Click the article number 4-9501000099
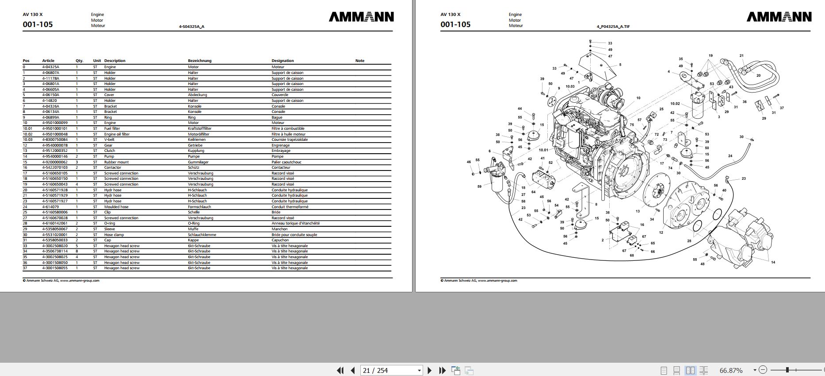(x=55, y=123)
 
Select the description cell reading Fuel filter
(x=112, y=128)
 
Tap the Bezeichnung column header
(x=199, y=61)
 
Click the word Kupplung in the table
(x=196, y=151)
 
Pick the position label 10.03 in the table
(x=27, y=140)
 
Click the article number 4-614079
(x=50, y=207)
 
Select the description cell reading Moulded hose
(x=116, y=207)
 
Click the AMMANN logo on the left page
(x=361, y=17)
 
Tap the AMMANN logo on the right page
(x=779, y=17)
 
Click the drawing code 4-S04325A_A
(x=191, y=27)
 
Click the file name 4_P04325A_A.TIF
(x=613, y=27)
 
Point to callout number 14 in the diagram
(x=773, y=262)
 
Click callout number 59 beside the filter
(x=479, y=186)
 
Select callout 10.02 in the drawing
(x=675, y=104)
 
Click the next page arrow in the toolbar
(x=429, y=370)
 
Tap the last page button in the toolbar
(x=442, y=370)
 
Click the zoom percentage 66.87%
(x=731, y=370)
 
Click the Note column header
(x=360, y=61)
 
